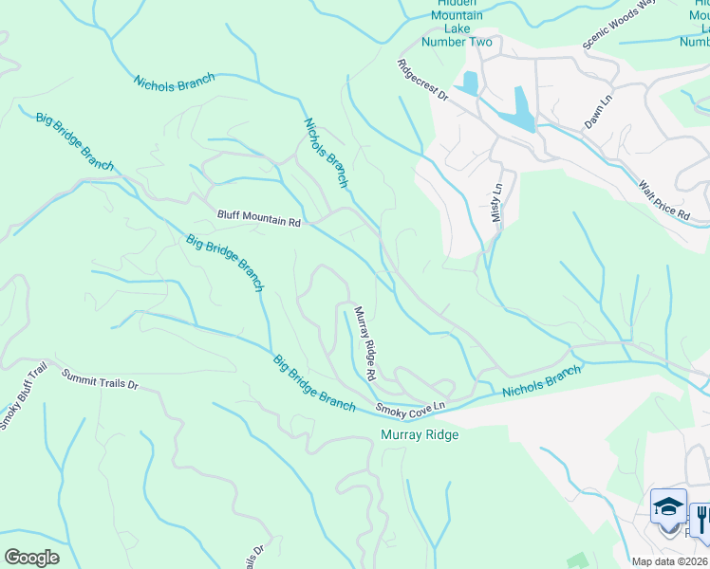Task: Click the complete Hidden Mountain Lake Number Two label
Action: [x=457, y=22]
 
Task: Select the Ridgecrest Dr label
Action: [x=422, y=79]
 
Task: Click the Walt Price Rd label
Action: [x=663, y=200]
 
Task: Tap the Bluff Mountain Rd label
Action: [x=258, y=218]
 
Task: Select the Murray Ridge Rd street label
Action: [x=365, y=342]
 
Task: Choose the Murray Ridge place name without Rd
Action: [x=419, y=434]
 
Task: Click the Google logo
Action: [x=30, y=557]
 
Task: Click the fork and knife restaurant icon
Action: [x=701, y=518]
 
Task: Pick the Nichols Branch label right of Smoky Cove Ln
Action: [x=541, y=381]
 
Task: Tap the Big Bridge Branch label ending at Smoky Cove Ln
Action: [x=313, y=383]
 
